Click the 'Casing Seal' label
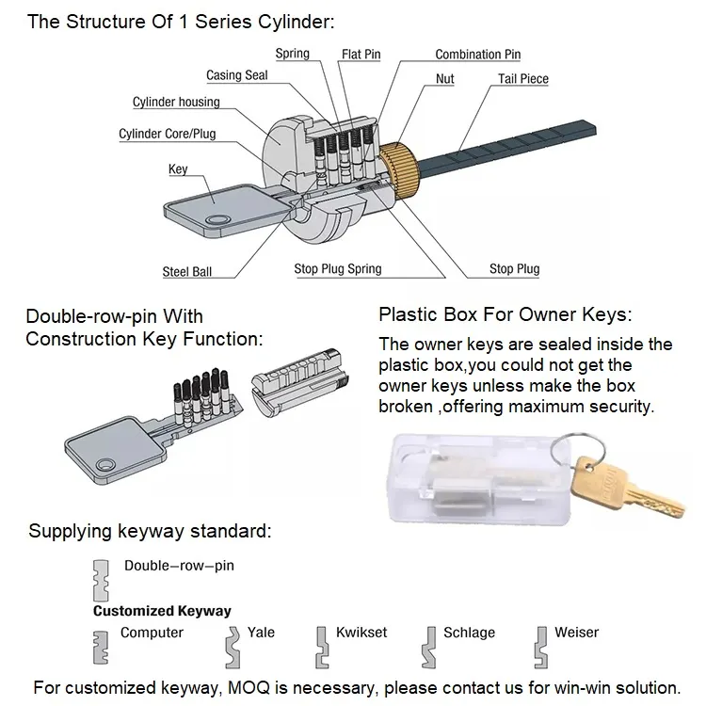tap(237, 75)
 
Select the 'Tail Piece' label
tap(522, 79)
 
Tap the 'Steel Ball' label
tap(187, 272)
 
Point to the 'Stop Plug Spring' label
tap(338, 269)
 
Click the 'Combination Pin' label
tap(477, 55)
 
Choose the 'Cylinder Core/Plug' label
tap(167, 134)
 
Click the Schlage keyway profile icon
tap(430, 645)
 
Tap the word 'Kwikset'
tap(361, 633)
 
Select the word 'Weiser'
tap(577, 633)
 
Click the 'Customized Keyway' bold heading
tap(162, 611)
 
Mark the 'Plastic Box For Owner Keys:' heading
tap(505, 314)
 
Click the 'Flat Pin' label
tap(361, 55)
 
